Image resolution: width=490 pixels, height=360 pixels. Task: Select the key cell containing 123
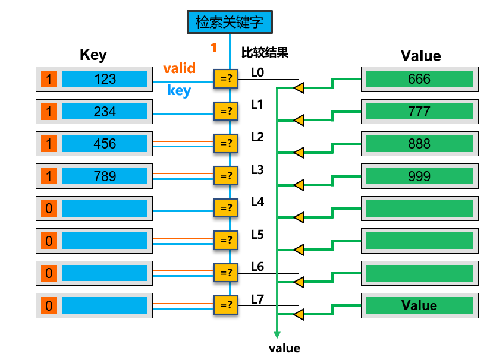pyautogui.click(x=105, y=79)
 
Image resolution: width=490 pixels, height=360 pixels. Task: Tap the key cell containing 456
pyautogui.click(x=105, y=144)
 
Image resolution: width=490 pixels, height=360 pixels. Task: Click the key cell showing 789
pyautogui.click(x=105, y=176)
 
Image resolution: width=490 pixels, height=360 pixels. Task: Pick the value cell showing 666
pyautogui.click(x=419, y=79)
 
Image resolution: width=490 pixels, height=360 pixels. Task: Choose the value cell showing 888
pyautogui.click(x=419, y=144)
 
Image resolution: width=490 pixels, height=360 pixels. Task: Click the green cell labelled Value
pyautogui.click(x=419, y=305)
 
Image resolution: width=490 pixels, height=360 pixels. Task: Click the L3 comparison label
pyautogui.click(x=257, y=170)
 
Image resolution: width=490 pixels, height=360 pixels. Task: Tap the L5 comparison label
pyautogui.click(x=257, y=235)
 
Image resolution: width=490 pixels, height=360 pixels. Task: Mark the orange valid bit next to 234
pyautogui.click(x=49, y=112)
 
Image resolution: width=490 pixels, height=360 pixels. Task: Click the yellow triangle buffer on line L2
pyautogui.click(x=299, y=153)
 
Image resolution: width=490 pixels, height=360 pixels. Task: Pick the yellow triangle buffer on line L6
pyautogui.click(x=299, y=282)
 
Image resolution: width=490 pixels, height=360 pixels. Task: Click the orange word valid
pyautogui.click(x=179, y=68)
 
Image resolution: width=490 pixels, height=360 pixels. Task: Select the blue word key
pyautogui.click(x=179, y=90)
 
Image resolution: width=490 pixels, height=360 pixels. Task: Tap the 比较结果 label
pyautogui.click(x=265, y=53)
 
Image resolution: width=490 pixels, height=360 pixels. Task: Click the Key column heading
pyautogui.click(x=93, y=55)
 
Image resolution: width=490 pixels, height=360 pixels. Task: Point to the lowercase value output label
pyautogui.click(x=284, y=348)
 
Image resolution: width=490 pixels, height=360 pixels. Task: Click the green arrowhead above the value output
pyautogui.click(x=277, y=335)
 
